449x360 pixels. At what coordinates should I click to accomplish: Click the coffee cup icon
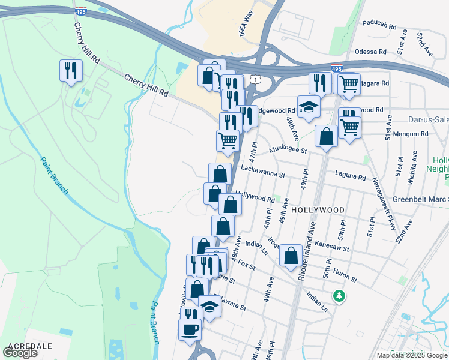click(x=190, y=329)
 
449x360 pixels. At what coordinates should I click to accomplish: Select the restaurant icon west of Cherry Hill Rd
click(x=71, y=70)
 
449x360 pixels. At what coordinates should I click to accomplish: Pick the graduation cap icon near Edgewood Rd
click(x=309, y=107)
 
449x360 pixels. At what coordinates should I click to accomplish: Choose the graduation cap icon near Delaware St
click(x=209, y=306)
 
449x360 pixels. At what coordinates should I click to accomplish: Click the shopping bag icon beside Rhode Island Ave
click(x=291, y=256)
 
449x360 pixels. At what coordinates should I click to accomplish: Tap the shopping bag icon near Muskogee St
click(x=326, y=136)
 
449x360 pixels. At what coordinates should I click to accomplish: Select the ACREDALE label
click(x=29, y=346)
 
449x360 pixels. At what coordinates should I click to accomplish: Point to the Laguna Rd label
click(x=354, y=178)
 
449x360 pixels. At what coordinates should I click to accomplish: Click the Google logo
click(x=20, y=353)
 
